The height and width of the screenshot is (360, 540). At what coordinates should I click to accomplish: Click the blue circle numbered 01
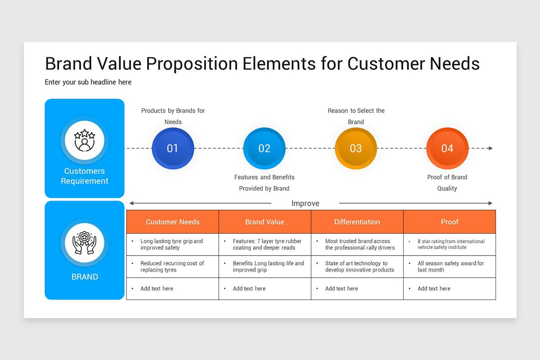173,148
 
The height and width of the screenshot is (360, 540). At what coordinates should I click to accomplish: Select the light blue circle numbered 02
264,148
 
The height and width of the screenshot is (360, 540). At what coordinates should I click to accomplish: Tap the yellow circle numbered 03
355,148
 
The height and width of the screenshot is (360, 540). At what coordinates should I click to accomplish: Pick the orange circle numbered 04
447,148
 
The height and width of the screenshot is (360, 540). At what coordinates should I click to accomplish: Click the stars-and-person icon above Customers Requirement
85,140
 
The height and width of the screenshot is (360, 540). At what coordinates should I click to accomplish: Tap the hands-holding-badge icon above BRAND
85,243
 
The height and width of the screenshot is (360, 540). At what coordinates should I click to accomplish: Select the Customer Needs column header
173,222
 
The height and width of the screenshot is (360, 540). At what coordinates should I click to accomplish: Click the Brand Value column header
265,222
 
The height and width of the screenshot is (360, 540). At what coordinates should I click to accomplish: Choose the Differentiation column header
357,222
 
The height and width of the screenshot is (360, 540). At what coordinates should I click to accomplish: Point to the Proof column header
450,222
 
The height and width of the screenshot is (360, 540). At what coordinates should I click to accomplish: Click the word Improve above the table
305,203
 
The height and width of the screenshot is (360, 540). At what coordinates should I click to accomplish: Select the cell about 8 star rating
450,244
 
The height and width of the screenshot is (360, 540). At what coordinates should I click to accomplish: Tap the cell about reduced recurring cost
173,266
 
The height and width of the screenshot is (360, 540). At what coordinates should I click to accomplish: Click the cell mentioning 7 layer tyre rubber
265,244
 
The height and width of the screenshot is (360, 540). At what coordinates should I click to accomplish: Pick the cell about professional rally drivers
357,244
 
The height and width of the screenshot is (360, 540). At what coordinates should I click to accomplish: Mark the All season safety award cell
450,266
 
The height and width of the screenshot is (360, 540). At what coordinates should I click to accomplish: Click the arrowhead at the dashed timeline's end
490,148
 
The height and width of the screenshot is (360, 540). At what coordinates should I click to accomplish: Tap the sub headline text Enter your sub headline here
88,82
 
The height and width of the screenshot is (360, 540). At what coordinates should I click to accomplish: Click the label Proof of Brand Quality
447,183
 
